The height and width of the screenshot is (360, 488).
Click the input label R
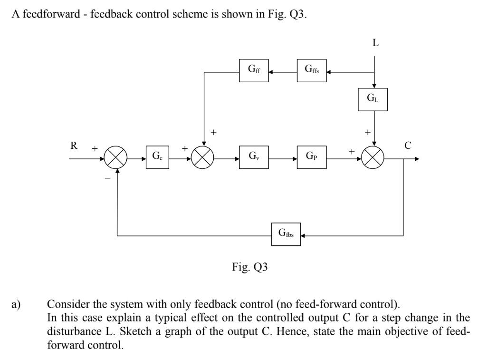click(74, 146)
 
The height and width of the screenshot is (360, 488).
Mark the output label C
click(407, 146)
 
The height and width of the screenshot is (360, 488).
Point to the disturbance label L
click(375, 42)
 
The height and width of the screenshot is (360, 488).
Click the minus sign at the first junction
click(107, 177)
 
